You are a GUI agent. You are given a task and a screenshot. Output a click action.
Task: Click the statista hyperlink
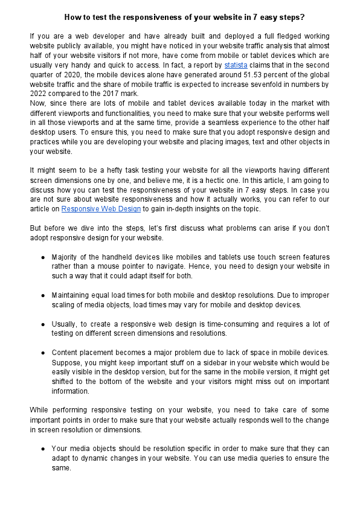point(236,64)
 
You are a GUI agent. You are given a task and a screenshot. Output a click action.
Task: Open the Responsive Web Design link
point(101,208)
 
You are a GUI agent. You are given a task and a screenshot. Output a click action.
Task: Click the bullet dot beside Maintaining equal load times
point(43,295)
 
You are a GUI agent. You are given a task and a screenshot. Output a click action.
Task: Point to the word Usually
point(64,324)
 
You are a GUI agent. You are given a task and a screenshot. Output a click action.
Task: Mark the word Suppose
point(66,363)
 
